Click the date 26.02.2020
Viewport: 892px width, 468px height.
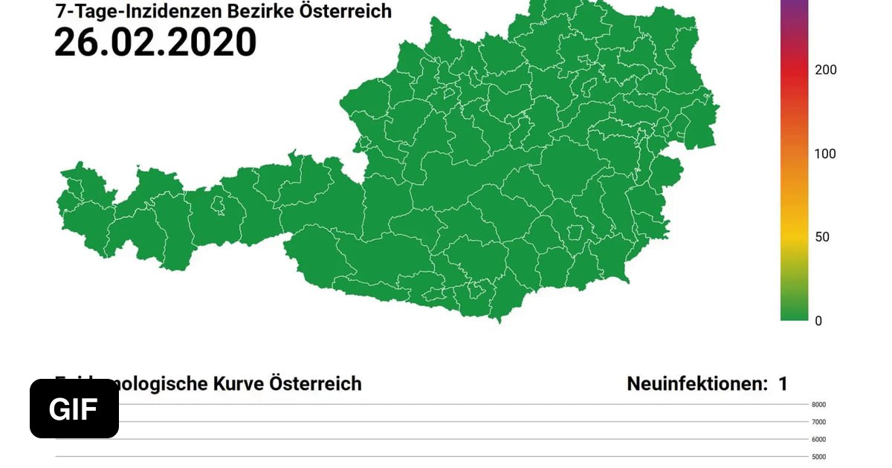pos(155,42)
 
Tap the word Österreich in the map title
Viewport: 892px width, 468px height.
pos(345,10)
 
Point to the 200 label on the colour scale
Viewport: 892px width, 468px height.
pos(825,70)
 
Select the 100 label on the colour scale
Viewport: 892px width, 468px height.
pos(825,154)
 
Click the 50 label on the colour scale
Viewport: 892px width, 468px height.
pos(822,237)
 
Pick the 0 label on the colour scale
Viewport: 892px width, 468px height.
pos(818,321)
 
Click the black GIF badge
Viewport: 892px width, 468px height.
pos(74,409)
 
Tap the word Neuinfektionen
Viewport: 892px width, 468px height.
pos(697,384)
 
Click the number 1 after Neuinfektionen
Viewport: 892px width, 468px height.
pos(783,384)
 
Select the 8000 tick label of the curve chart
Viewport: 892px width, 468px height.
pos(818,405)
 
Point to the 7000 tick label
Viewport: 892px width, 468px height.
pos(818,422)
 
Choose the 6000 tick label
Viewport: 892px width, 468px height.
pos(818,439)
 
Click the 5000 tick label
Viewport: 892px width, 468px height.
pos(818,456)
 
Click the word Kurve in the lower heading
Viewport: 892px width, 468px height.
pos(238,384)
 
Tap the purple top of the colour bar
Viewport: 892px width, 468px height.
pos(793,6)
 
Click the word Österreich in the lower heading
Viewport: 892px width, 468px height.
pos(315,384)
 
